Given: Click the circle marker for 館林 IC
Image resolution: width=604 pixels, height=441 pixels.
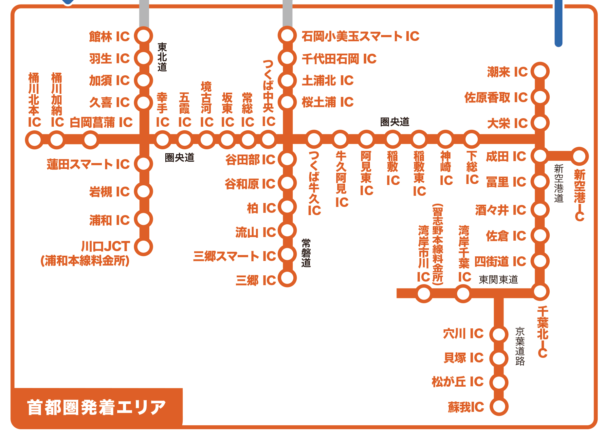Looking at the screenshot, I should [x=144, y=36].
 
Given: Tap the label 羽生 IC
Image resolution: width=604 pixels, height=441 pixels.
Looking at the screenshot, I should [x=109, y=59].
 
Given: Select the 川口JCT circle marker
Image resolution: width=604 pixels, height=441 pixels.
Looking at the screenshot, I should [x=144, y=247].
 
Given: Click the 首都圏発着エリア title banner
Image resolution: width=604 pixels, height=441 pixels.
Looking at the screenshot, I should [x=97, y=407].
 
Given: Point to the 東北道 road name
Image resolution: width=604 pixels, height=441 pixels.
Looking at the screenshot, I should [x=162, y=57].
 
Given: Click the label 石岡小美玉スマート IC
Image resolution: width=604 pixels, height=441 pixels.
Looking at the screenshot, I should [x=360, y=36].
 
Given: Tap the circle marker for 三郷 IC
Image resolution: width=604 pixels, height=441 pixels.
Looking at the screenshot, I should [x=287, y=278].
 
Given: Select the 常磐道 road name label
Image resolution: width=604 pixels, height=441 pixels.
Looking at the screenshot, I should [x=306, y=253].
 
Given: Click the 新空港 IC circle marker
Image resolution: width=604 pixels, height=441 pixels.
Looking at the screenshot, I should [x=579, y=156].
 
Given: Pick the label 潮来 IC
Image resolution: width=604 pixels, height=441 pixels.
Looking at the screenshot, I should [x=507, y=72].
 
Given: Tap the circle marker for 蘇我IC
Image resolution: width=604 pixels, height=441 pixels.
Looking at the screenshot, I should [x=499, y=406].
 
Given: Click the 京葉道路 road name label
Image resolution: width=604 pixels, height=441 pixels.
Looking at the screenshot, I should [x=520, y=346].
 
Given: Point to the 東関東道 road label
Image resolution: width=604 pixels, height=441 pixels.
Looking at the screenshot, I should [x=498, y=279].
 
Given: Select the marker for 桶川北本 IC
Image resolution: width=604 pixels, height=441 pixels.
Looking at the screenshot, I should [x=34, y=140].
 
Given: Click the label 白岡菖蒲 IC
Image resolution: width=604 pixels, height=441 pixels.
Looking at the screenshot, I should [x=101, y=122].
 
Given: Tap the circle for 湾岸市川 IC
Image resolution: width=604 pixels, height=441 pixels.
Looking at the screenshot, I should [x=424, y=293].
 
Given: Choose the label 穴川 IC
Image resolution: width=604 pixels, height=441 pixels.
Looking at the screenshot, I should [x=463, y=334].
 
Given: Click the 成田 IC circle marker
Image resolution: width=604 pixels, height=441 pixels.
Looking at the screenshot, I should [x=540, y=156].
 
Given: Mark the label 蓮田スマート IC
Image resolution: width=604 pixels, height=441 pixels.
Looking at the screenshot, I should [x=88, y=164].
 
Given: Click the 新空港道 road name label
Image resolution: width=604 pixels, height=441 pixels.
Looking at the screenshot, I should [x=558, y=183].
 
